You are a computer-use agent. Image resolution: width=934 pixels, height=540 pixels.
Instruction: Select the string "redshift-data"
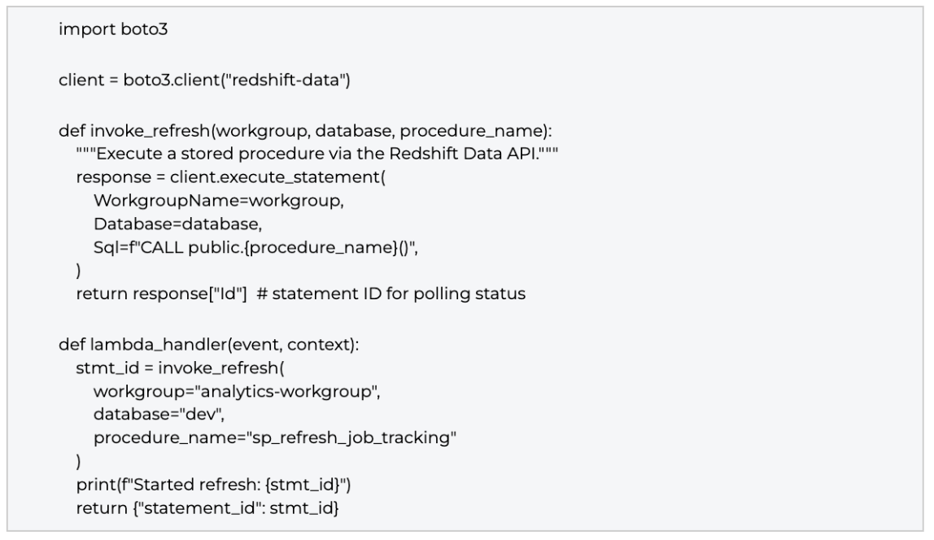(283, 80)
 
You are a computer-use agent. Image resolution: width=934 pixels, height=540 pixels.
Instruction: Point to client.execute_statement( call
(277, 177)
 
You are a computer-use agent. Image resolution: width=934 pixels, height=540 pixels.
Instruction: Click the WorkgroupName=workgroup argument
(219, 201)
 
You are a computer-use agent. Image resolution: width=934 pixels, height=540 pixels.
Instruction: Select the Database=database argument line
(177, 224)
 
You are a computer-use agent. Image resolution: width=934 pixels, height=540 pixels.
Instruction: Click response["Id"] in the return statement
(190, 294)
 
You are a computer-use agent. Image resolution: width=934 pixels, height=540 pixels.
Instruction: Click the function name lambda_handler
(159, 345)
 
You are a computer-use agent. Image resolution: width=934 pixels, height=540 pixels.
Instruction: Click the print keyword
(95, 485)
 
